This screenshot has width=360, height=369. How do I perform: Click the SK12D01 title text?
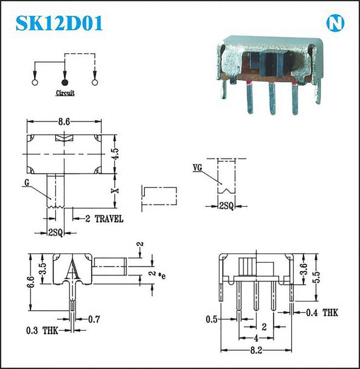click(59, 23)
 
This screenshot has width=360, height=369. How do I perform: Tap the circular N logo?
click(335, 23)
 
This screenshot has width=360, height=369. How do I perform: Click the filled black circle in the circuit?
click(65, 82)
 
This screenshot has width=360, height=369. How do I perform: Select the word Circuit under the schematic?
click(65, 93)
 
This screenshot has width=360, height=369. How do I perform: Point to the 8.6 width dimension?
click(64, 122)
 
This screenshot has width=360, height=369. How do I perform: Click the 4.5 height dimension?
click(116, 154)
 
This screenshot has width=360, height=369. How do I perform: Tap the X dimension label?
click(115, 191)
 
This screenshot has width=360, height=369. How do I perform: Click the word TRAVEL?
click(109, 219)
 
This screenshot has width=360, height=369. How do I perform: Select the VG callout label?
click(197, 167)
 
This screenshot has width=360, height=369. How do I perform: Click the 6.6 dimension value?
click(31, 282)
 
